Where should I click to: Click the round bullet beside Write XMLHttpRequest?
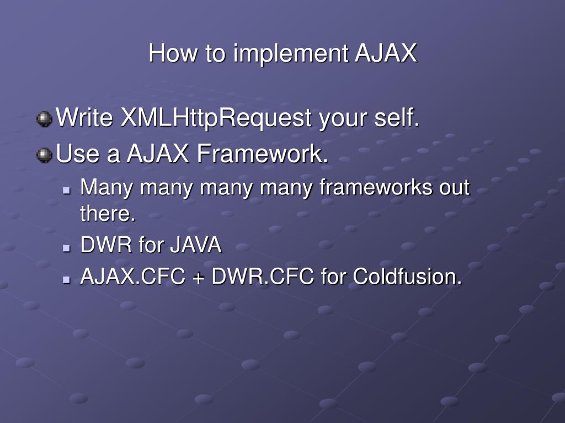[44, 119]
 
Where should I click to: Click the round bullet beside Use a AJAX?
[44, 155]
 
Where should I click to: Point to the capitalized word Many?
[108, 188]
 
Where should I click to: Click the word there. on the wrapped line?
[108, 214]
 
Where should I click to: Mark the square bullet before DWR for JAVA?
[67, 247]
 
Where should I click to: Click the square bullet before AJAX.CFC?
[67, 279]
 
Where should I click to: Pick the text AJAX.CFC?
[132, 276]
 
